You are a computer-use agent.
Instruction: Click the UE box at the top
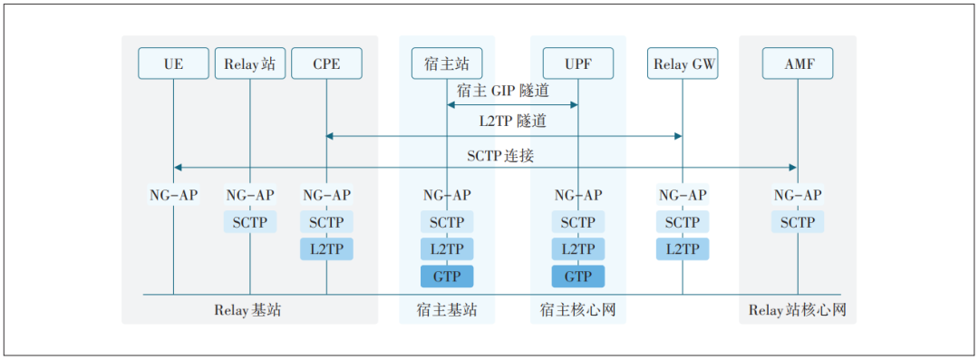[x=173, y=63]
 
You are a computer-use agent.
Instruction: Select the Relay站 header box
[x=250, y=63]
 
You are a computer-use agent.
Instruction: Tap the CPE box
[x=326, y=63]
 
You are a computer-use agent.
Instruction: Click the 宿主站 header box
[x=446, y=63]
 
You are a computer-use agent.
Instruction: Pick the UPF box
[x=578, y=63]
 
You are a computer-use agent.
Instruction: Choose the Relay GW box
[x=683, y=63]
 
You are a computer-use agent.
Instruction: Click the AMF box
[x=798, y=63]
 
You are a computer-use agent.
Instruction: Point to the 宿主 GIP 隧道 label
[x=504, y=91]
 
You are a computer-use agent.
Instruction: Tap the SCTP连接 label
[x=500, y=155]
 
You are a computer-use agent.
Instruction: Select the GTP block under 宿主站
[x=446, y=277]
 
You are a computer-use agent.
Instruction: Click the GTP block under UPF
[x=578, y=277]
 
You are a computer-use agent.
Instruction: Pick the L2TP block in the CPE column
[x=326, y=249]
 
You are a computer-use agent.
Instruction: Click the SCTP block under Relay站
[x=250, y=222]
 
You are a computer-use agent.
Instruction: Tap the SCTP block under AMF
[x=798, y=222]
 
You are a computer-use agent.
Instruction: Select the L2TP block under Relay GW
[x=683, y=249]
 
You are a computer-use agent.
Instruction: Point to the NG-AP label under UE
[x=173, y=195]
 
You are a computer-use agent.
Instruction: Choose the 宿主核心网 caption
[x=578, y=310]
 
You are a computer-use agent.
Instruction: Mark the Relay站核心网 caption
[x=798, y=310]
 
